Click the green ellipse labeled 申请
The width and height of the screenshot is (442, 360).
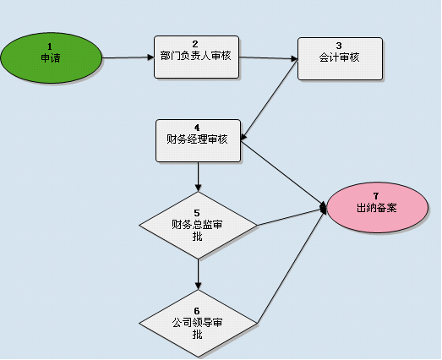click(51, 57)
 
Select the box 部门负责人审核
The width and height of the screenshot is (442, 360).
click(196, 57)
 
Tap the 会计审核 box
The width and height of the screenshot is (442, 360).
click(340, 58)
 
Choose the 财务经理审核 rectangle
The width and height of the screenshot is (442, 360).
click(198, 140)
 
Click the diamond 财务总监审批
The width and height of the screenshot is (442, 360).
click(198, 226)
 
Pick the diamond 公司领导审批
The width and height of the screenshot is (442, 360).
click(198, 324)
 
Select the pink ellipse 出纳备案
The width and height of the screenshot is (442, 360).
click(378, 208)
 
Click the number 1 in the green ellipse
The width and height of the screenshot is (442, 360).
click(50, 46)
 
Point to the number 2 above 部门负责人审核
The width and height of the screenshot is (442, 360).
click(195, 44)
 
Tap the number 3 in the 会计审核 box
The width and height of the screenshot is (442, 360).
click(339, 46)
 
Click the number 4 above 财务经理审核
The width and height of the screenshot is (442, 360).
click(197, 128)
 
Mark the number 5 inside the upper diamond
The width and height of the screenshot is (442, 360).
click(197, 213)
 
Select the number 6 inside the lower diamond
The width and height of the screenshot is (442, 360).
click(197, 311)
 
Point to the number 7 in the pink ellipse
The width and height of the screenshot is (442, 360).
click(376, 196)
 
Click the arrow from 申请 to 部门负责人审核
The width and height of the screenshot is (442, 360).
click(128, 57)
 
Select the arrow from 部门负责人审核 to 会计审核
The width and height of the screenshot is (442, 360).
click(269, 57)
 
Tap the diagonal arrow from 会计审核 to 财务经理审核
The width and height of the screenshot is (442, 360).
click(270, 100)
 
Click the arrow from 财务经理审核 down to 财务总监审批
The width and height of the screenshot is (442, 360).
click(198, 177)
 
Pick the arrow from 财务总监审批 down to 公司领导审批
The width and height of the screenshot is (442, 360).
click(198, 275)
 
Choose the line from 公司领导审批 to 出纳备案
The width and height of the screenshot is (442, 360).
click(292, 265)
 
